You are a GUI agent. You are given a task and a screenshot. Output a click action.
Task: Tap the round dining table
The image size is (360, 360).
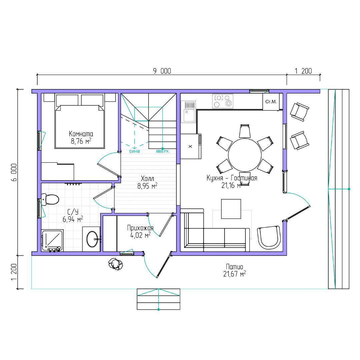tap(245, 155)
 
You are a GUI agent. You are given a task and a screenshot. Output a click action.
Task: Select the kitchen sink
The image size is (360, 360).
tap(189, 112)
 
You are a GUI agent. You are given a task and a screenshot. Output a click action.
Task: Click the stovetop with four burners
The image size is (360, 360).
tap(223, 101)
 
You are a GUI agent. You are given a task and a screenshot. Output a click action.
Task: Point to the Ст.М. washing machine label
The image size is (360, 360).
tap(271, 101)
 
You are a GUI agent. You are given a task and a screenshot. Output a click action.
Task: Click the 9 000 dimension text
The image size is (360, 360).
tap(162, 71)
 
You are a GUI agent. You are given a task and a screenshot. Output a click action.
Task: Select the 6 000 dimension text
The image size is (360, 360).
tap(14, 172)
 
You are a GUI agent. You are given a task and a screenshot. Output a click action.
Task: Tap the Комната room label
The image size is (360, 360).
tap(81, 134)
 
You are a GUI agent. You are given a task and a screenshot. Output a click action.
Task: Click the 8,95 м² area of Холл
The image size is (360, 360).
tap(147, 186)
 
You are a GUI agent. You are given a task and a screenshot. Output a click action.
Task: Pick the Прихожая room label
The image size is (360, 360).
tap(140, 228)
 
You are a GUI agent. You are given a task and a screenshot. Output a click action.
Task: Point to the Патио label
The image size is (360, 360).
tap(235, 267)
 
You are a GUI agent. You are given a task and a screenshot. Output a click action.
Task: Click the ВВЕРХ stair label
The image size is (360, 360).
tap(162, 152)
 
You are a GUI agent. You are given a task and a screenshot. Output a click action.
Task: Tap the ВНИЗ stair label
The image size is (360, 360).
tap(134, 152)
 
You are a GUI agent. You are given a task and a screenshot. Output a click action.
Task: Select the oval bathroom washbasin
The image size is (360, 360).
tap(92, 239)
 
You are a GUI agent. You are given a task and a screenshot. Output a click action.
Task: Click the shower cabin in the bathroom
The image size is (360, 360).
tap(52, 240)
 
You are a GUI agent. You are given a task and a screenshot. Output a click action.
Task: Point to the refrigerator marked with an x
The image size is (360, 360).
tap(191, 146)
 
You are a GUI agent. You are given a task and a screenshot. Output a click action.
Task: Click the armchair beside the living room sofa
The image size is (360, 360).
tap(269, 237)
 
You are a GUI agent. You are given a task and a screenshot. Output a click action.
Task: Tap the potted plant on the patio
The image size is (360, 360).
tap(115, 264)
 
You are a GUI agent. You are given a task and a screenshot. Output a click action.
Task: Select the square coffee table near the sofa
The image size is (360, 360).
tap(231, 209)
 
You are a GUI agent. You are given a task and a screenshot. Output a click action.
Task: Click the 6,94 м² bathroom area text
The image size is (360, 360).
tap(73, 219)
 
